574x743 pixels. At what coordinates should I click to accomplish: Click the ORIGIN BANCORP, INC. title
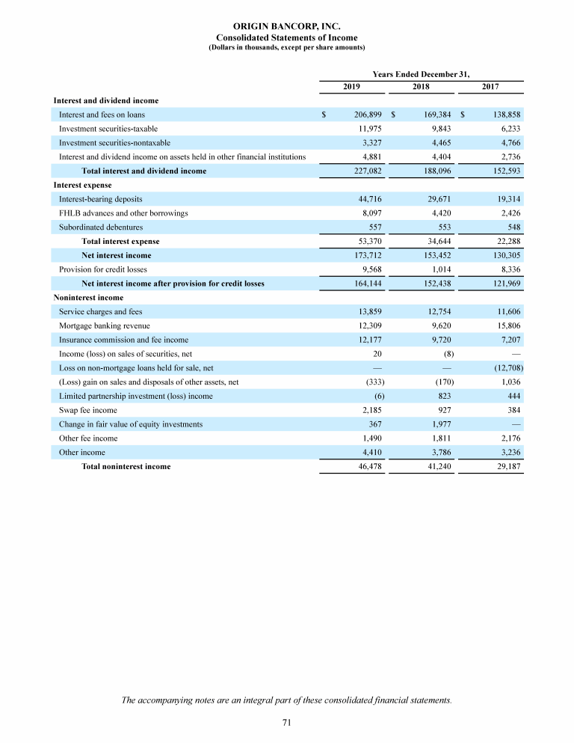pos(287,26)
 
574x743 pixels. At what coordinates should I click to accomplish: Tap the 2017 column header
pos(490,88)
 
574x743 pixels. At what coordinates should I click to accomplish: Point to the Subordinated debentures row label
pos(101,227)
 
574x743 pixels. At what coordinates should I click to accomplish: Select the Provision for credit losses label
pos(103,269)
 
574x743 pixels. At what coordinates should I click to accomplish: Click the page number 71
pos(286,722)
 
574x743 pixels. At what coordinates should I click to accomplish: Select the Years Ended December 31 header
pos(422,73)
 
